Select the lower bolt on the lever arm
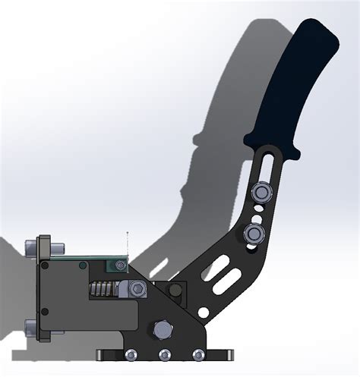click(254, 231)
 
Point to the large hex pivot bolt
click(163, 331)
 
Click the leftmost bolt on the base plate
click(131, 355)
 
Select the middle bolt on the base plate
click(163, 355)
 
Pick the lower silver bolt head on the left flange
click(33, 328)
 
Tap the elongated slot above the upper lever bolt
click(267, 163)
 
